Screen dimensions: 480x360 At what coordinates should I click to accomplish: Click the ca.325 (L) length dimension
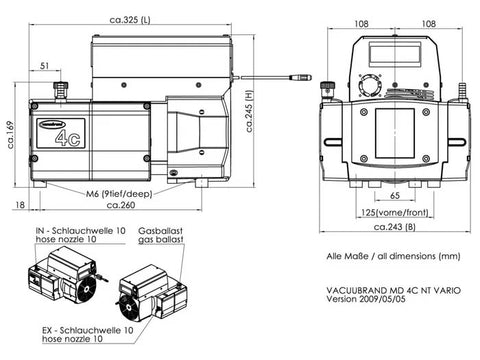[130, 20]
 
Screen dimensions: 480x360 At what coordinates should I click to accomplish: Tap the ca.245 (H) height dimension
[250, 111]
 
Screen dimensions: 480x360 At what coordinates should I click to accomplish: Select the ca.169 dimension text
[10, 135]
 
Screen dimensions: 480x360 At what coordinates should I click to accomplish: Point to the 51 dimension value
[44, 66]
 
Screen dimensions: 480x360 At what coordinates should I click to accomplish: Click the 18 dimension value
[20, 204]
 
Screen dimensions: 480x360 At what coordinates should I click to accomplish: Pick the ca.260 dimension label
[121, 205]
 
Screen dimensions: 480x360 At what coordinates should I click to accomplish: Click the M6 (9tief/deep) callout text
[119, 194]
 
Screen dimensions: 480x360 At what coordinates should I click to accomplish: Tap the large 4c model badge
[68, 138]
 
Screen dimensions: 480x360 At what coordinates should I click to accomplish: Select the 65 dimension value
[395, 195]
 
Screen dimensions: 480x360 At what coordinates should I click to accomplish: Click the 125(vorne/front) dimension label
[395, 212]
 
